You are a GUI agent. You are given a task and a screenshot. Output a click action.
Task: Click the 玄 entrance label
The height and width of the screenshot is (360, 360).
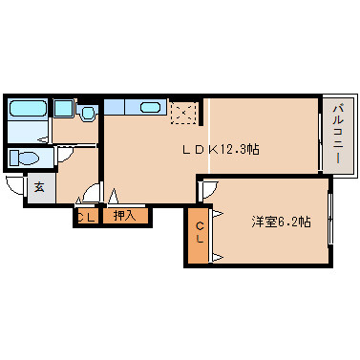(x=39, y=187)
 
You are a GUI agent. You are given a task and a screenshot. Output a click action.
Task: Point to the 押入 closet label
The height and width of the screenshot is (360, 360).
(x=125, y=216)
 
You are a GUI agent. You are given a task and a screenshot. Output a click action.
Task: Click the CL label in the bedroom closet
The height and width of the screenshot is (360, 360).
(x=200, y=232)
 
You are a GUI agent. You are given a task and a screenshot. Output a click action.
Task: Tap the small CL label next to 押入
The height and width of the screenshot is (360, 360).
(x=85, y=217)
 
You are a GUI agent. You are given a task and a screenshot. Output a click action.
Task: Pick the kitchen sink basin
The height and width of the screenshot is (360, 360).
(x=151, y=107)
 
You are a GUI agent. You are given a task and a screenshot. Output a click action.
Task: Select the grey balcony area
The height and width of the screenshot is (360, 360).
(x=336, y=136)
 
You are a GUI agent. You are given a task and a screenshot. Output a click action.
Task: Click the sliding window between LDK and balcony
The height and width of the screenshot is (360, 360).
(x=318, y=136)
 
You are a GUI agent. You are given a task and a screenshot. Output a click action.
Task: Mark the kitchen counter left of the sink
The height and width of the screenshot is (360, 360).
(x=116, y=107)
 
